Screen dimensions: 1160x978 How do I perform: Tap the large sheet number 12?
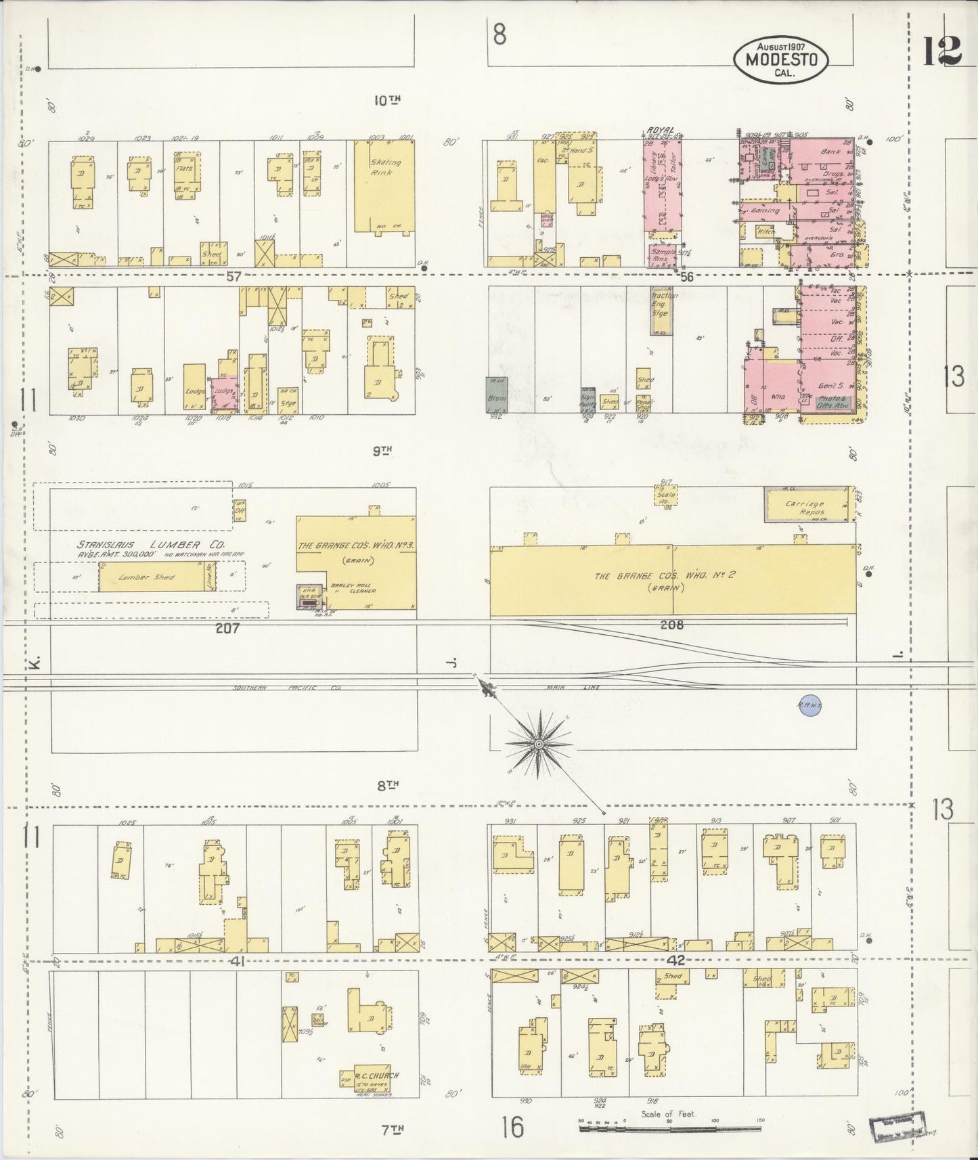943,50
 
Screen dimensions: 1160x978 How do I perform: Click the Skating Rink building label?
385,167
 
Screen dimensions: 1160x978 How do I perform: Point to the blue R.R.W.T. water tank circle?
809,705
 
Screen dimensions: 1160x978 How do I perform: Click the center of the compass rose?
539,744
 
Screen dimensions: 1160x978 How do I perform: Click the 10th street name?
387,100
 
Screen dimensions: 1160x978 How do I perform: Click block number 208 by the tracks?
670,625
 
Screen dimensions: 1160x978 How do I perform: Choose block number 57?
234,275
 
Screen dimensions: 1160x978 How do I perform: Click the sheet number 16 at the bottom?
513,1128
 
